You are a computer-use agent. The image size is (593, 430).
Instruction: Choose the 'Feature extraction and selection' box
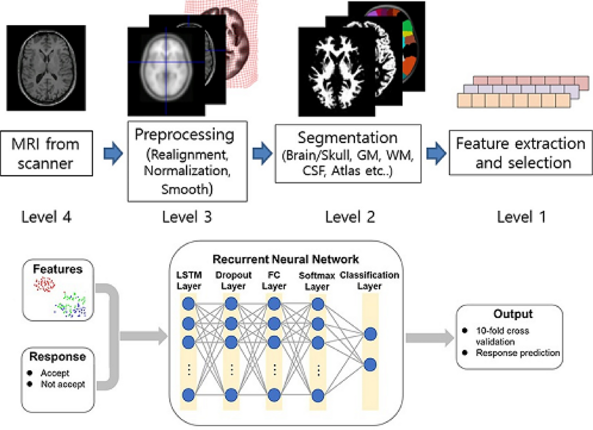click(520, 152)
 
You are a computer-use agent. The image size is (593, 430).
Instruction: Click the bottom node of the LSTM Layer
click(187, 394)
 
